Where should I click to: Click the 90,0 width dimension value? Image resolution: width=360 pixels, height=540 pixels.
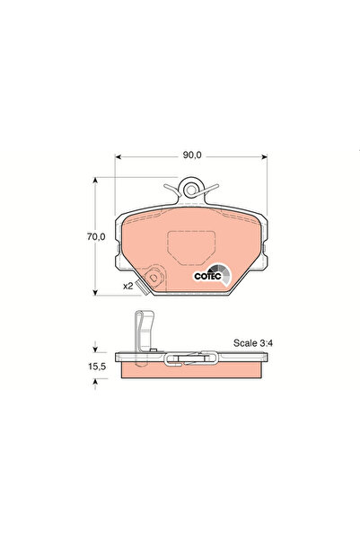click(x=189, y=155)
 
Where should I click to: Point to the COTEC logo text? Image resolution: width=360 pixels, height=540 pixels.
click(x=207, y=277)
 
